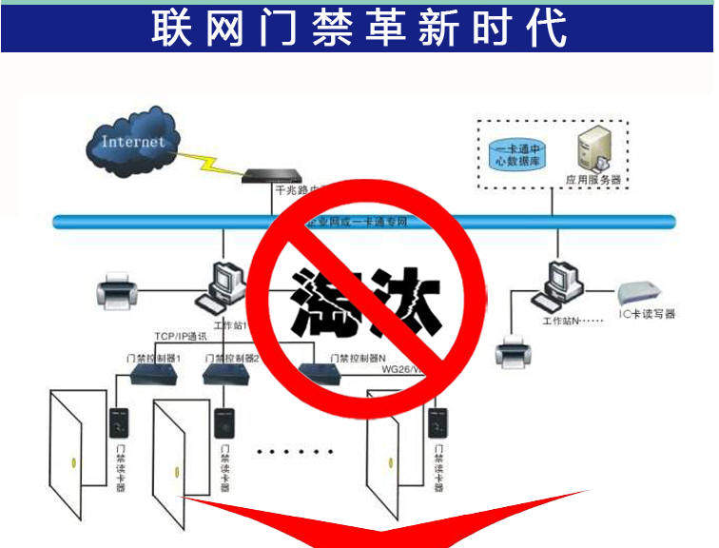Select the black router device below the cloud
272,175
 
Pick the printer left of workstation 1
120,290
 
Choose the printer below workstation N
512,351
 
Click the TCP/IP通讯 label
180,337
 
